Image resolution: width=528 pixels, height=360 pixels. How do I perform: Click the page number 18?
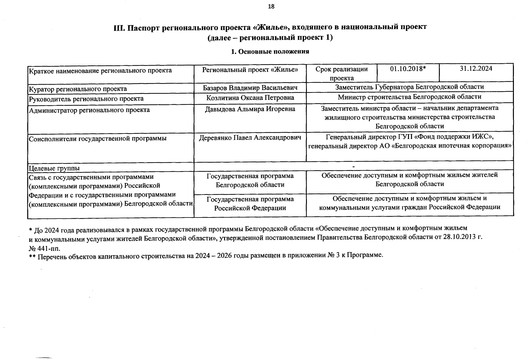(x=271, y=7)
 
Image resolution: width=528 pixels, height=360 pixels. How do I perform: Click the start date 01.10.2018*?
(x=408, y=69)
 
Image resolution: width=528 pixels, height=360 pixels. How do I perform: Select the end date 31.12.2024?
(x=476, y=69)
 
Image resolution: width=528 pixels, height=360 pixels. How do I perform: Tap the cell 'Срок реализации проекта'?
(x=341, y=73)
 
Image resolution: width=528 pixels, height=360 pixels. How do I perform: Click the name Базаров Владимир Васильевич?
(x=250, y=88)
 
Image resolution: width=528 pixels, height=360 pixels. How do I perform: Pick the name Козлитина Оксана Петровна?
(x=250, y=98)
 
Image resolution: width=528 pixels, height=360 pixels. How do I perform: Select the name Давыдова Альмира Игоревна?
(x=250, y=109)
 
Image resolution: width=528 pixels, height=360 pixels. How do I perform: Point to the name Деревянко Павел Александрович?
(x=250, y=137)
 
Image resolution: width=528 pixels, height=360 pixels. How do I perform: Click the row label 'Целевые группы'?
(x=54, y=168)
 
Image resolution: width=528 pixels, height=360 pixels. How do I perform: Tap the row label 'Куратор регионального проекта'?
(x=77, y=89)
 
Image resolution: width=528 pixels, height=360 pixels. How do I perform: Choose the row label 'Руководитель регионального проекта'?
(x=86, y=99)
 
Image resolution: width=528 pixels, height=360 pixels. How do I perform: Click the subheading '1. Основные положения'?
(x=270, y=52)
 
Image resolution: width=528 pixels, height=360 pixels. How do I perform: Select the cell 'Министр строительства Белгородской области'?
(x=409, y=97)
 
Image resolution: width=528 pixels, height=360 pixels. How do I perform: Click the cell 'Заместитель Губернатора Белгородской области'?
(x=409, y=87)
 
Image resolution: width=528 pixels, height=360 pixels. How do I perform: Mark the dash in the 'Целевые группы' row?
(x=354, y=166)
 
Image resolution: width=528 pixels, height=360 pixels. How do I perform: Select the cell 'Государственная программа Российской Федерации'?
(x=250, y=204)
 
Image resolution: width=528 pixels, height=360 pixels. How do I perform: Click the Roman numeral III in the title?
(x=119, y=28)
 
